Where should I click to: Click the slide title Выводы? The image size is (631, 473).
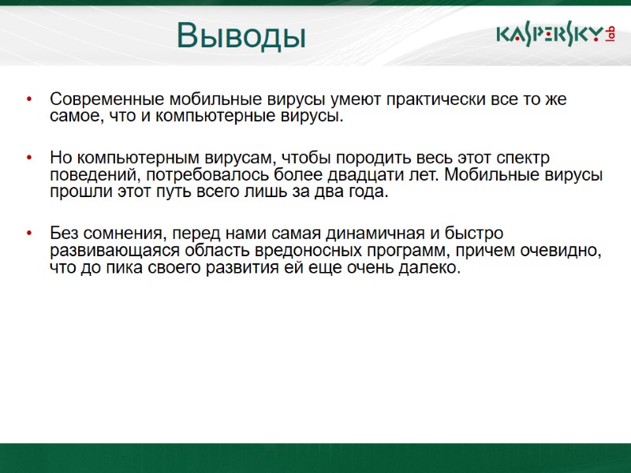[241, 35]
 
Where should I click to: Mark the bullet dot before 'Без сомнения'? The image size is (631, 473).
[29, 233]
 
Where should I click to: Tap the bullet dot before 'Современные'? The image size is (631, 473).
[29, 100]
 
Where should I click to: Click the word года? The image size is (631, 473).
[368, 192]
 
